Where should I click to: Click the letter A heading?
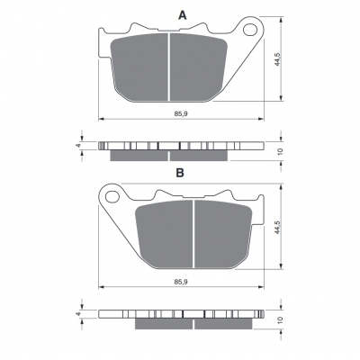[183, 14]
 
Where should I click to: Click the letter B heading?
[180, 173]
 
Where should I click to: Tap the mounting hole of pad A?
[250, 30]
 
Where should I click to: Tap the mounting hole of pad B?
[112, 196]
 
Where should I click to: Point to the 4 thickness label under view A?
[78, 146]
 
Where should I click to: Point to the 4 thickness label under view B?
[78, 313]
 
